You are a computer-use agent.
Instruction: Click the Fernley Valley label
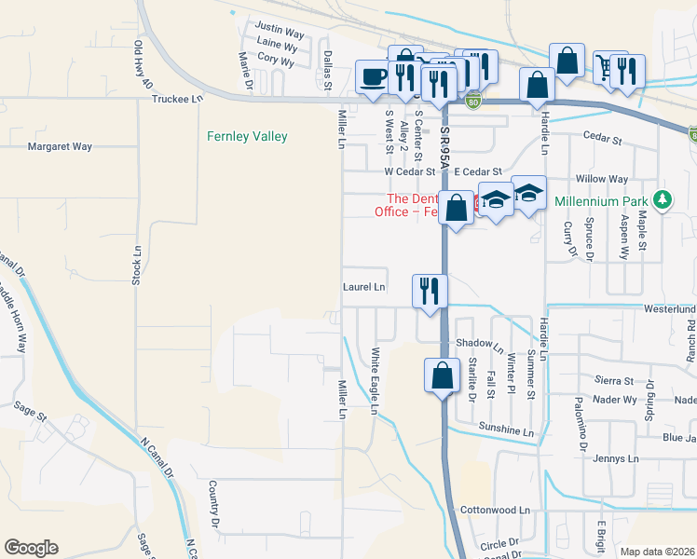pyautogui.click(x=247, y=137)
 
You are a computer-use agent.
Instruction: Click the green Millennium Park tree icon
pyautogui.click(x=662, y=200)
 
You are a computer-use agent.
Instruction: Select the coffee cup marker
pyautogui.click(x=373, y=75)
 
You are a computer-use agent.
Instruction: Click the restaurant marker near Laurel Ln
pyautogui.click(x=430, y=290)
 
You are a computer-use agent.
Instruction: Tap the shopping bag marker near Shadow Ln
pyautogui.click(x=442, y=375)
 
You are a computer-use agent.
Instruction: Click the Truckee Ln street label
pyautogui.click(x=176, y=98)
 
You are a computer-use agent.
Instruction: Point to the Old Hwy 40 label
pyautogui.click(x=143, y=64)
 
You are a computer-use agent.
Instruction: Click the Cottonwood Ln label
pyautogui.click(x=495, y=511)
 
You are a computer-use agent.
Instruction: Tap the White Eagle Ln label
pyautogui.click(x=376, y=382)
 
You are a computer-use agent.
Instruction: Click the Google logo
pyautogui.click(x=31, y=548)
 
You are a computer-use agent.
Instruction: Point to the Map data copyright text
pyautogui.click(x=656, y=552)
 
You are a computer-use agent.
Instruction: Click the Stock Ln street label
pyautogui.click(x=136, y=265)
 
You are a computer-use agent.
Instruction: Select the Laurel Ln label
pyautogui.click(x=363, y=287)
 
